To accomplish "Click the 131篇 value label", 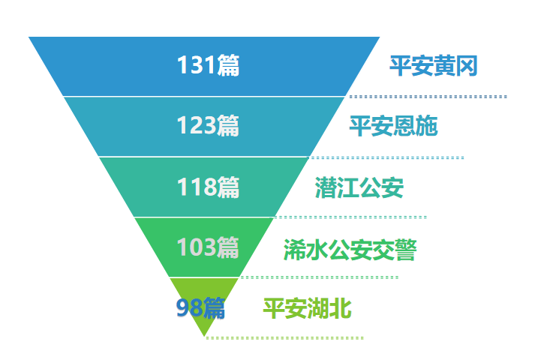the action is [x=208, y=64].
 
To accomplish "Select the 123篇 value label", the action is [x=208, y=125].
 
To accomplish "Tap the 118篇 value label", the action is [x=208, y=187].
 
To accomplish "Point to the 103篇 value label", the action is [x=208, y=247].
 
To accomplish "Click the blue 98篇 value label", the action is [x=200, y=307].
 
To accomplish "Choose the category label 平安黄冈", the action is [x=433, y=65].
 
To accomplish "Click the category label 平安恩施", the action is [x=393, y=126].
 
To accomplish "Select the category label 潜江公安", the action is [x=359, y=187].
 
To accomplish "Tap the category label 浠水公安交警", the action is [x=350, y=250].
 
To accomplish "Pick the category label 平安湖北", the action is [x=308, y=308].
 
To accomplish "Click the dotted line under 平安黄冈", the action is [x=428, y=97].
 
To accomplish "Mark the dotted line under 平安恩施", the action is [x=386, y=157].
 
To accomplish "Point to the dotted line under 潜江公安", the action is [x=350, y=217].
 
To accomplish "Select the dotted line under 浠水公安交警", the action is [x=320, y=277].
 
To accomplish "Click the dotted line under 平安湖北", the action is [x=285, y=337].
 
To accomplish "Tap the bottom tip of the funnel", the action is [x=204, y=337].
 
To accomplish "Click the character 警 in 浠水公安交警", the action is [x=406, y=250].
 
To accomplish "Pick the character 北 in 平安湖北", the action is [x=341, y=308].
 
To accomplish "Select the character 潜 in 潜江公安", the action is [x=326, y=187].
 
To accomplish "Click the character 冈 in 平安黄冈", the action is [x=467, y=65].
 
